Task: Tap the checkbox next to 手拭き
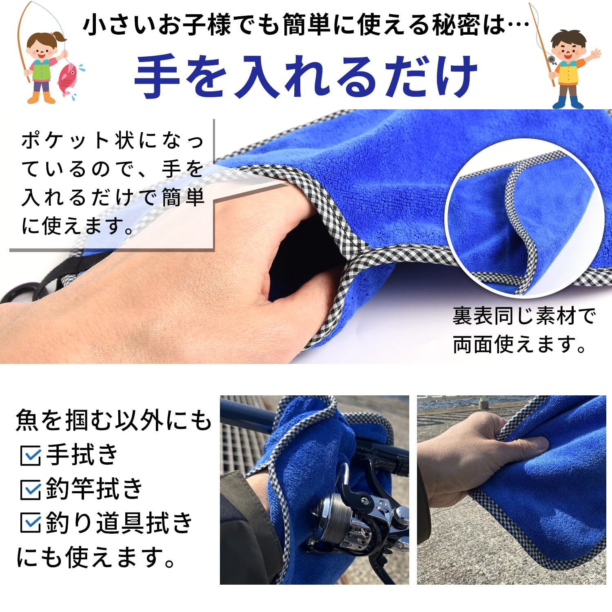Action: click(x=30, y=456)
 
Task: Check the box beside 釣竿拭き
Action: click(x=30, y=490)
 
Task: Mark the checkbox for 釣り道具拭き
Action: click(x=30, y=523)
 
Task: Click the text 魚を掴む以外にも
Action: click(x=114, y=420)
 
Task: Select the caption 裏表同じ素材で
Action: click(x=524, y=316)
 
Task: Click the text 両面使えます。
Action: click(x=520, y=345)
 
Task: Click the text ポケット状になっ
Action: click(x=113, y=141)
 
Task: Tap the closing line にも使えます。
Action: click(x=96, y=557)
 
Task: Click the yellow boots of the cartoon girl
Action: click(x=42, y=98)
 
